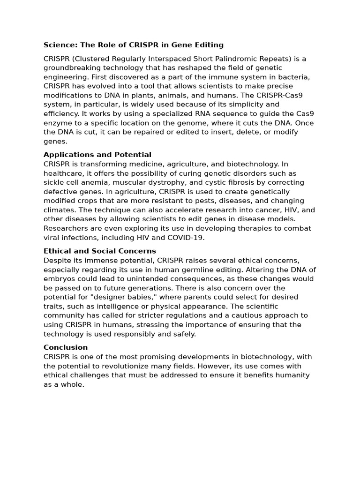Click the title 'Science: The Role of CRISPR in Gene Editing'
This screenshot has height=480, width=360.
tap(133, 45)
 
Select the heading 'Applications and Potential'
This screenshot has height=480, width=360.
tap(97, 155)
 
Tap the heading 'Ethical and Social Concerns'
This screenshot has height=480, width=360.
tap(99, 251)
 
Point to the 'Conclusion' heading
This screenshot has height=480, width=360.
tap(66, 347)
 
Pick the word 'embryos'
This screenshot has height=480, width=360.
tap(58, 279)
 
